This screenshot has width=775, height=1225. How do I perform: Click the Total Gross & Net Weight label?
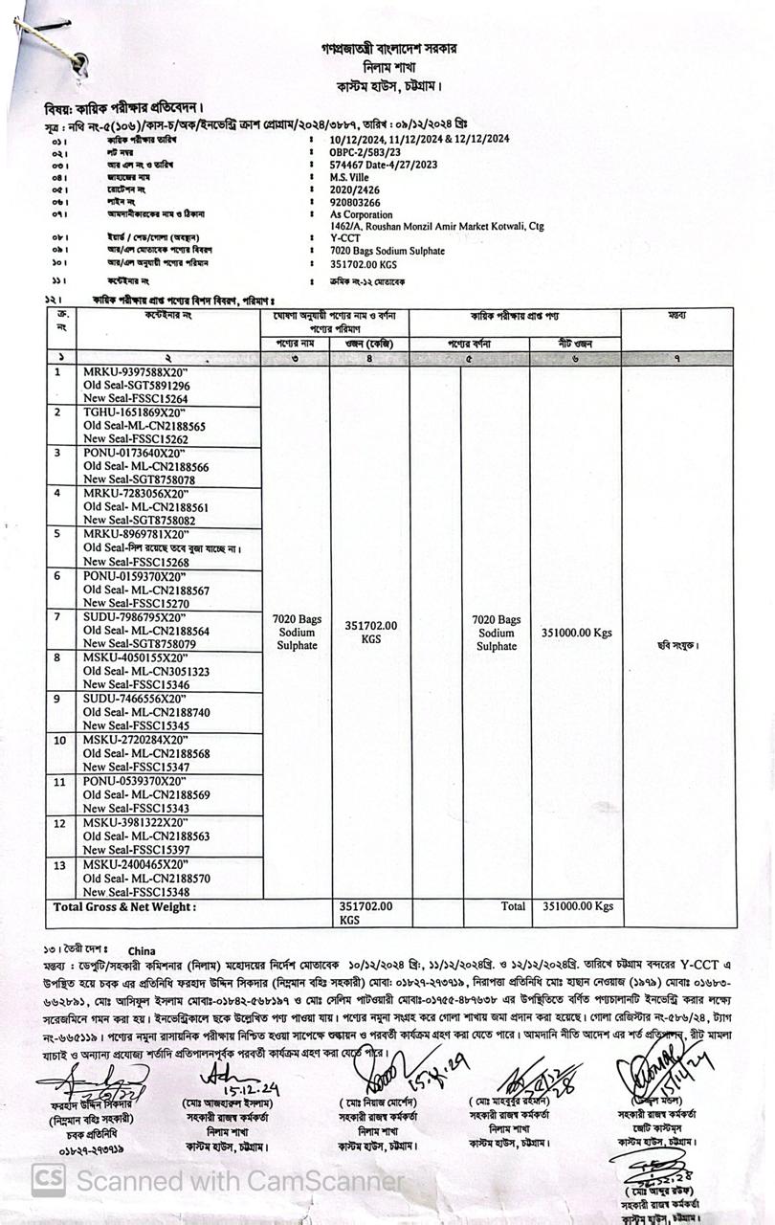pos(124,906)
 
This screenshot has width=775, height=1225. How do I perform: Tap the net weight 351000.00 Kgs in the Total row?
pos(577,905)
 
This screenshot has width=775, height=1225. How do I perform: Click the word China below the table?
pos(142,950)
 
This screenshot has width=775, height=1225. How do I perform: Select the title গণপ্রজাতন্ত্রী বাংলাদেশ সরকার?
pos(389,47)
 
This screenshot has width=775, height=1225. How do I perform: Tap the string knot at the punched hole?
pos(77,61)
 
